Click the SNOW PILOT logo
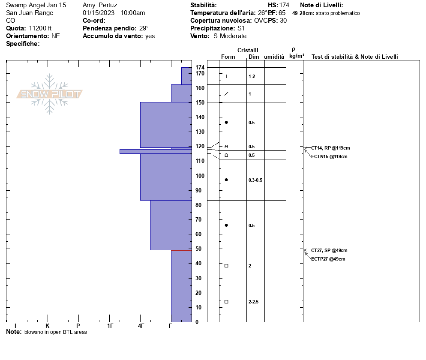[x=49, y=94]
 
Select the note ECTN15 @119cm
[x=329, y=156]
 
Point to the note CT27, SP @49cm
[x=329, y=250]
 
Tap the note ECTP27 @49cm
[x=328, y=259]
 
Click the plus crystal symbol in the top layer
[x=226, y=76]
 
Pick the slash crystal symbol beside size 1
[x=226, y=93]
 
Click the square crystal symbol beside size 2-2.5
[x=226, y=302]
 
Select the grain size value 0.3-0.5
[x=255, y=180]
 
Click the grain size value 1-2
[x=252, y=76]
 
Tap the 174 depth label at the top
[x=200, y=68]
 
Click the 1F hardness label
[x=110, y=326]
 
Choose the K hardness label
[x=48, y=326]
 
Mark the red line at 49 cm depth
[x=181, y=250]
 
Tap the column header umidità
[x=274, y=57]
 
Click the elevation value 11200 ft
[x=40, y=28]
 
